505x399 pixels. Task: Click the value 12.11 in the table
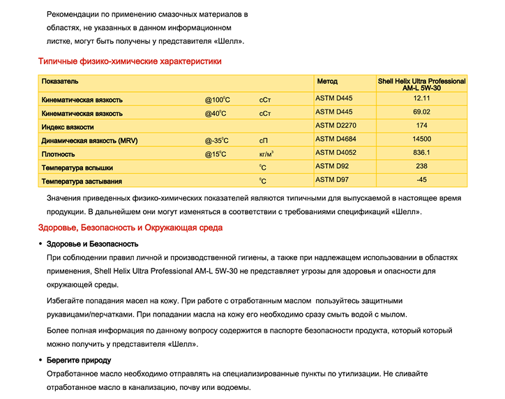421,98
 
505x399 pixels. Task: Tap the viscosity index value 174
421,126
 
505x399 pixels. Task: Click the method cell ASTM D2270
336,126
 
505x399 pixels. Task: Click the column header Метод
327,82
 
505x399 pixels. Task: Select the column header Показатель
60,82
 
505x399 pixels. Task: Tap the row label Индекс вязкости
68,127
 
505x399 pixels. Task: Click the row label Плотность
59,154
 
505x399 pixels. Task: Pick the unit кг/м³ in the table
266,153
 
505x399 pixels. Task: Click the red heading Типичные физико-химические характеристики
130,61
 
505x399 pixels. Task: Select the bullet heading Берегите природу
78,360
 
